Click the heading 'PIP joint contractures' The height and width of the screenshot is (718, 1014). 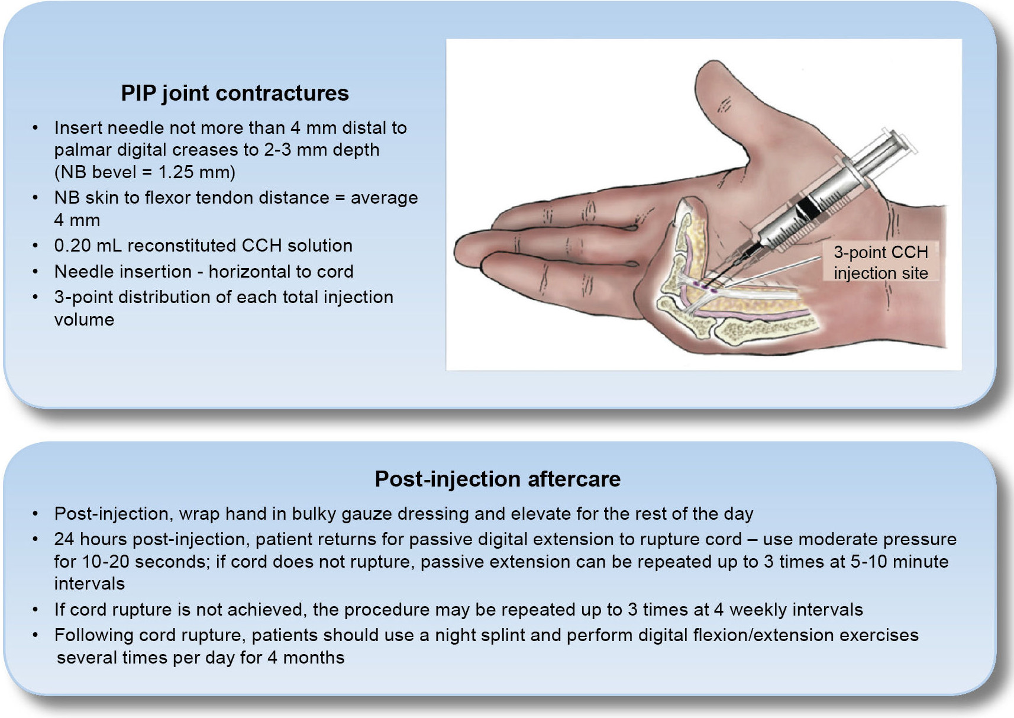235,94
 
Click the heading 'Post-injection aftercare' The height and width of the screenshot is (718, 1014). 498,479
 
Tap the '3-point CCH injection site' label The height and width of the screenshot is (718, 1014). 881,262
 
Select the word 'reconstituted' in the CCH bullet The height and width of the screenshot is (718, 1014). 182,246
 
